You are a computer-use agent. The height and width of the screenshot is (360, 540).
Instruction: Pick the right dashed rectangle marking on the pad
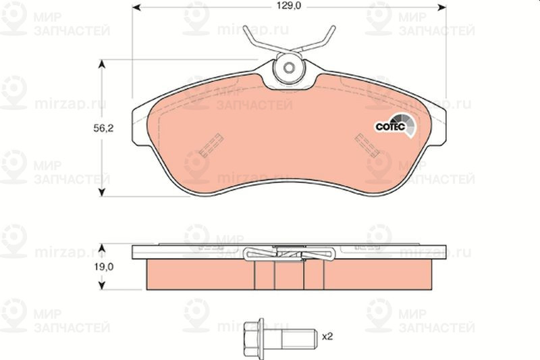[366, 143]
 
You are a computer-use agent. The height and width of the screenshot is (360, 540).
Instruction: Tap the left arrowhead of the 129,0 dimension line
[135, 9]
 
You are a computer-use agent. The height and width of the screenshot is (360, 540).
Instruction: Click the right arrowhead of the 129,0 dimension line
[442, 9]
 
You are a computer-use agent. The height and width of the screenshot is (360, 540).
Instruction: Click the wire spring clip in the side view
[290, 254]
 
